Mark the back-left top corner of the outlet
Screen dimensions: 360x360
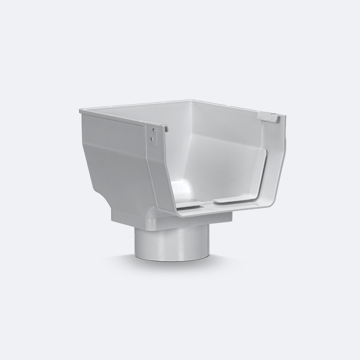point(80,111)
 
